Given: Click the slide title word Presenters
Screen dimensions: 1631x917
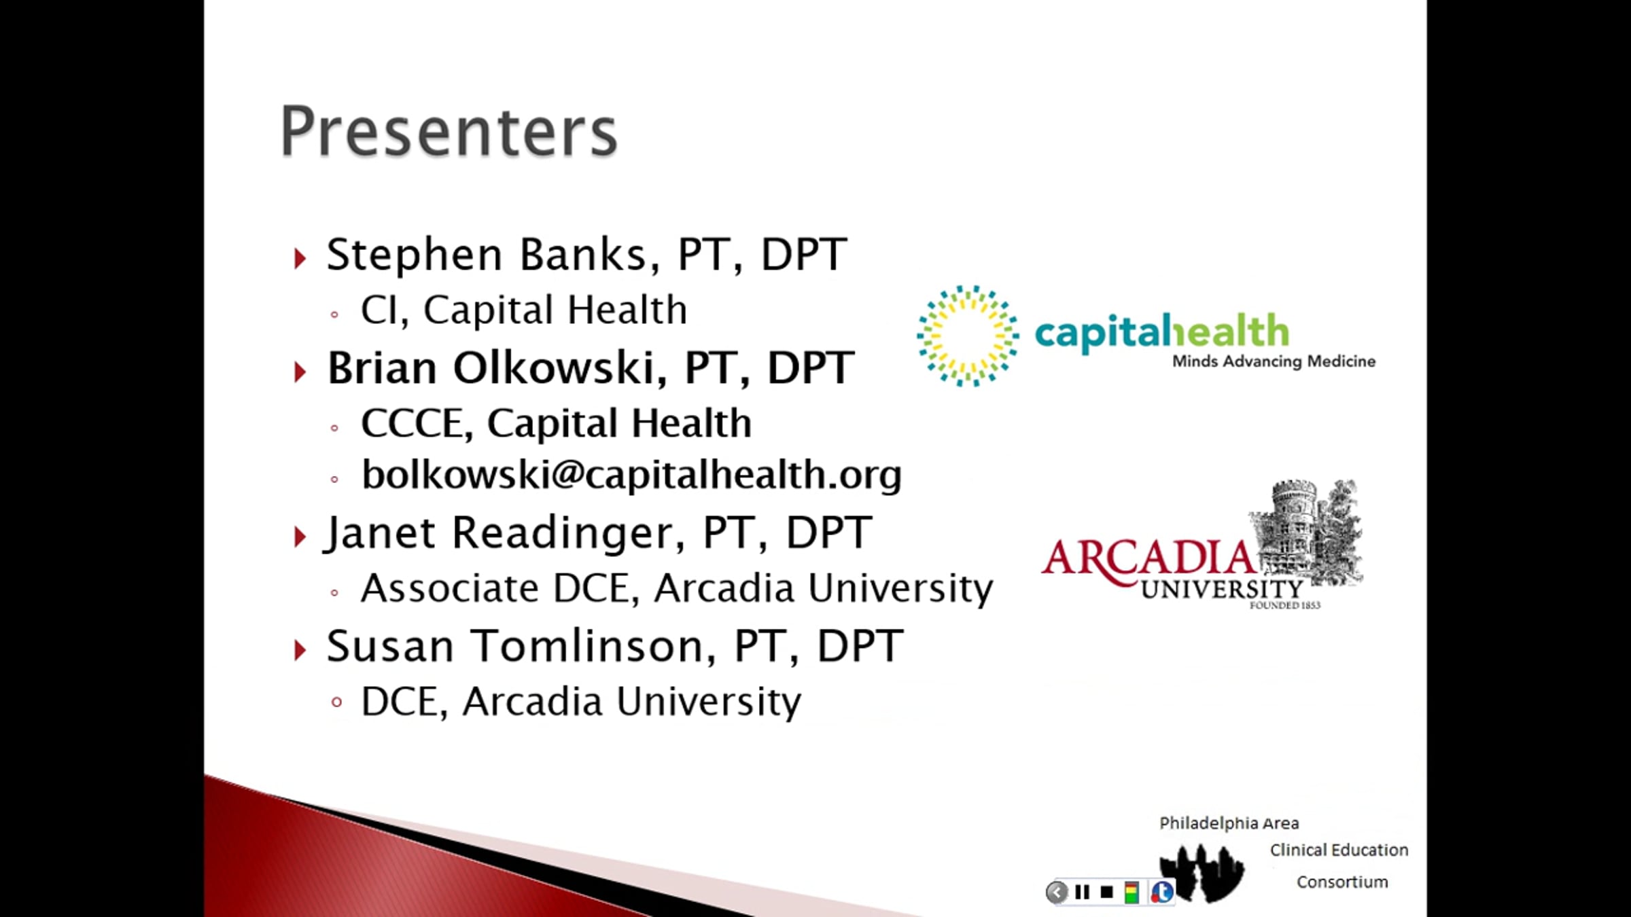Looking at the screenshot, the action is [449, 131].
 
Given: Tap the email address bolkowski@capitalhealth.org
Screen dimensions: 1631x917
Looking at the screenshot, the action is [631, 474].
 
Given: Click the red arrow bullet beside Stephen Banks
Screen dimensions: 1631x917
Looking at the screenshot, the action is [300, 258].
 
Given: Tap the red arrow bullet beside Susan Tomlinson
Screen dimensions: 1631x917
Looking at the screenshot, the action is [300, 650].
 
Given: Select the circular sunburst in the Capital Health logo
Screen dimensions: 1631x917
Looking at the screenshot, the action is [968, 336].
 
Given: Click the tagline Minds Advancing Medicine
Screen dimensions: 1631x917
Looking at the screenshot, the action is [1274, 361].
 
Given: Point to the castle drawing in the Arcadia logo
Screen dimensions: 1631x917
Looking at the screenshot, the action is [1305, 530].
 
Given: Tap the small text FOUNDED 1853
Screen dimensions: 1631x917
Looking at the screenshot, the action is [1284, 605].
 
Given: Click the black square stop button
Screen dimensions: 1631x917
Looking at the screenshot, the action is [1106, 892].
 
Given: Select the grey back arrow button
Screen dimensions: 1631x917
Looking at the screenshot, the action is [1057, 892].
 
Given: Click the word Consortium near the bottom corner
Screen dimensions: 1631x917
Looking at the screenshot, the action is [1342, 882].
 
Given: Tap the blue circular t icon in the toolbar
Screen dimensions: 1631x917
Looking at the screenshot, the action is [1161, 892].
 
